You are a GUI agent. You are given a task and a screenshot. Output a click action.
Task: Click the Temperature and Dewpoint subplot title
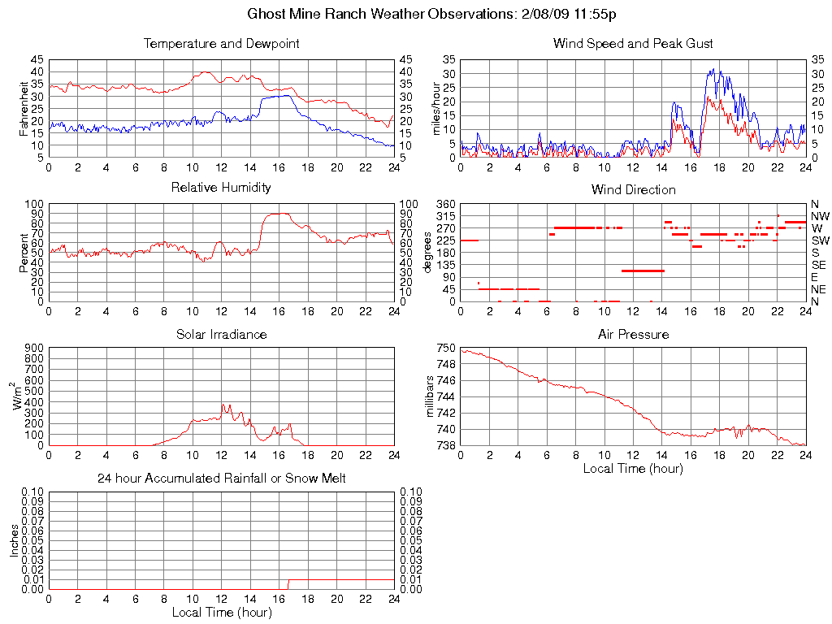221,43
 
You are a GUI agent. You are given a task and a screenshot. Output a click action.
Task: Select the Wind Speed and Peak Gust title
633,43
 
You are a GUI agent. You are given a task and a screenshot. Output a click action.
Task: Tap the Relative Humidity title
221,188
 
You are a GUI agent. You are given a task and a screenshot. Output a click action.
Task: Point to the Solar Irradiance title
221,334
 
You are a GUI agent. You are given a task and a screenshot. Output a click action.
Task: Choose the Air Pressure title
633,334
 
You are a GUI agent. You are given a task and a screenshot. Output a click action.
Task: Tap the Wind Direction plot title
633,189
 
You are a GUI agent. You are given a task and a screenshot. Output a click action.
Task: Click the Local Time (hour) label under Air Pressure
633,468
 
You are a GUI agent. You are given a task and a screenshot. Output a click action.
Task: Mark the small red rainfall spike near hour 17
288,583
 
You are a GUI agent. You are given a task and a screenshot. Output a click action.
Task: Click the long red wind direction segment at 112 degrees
643,271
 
